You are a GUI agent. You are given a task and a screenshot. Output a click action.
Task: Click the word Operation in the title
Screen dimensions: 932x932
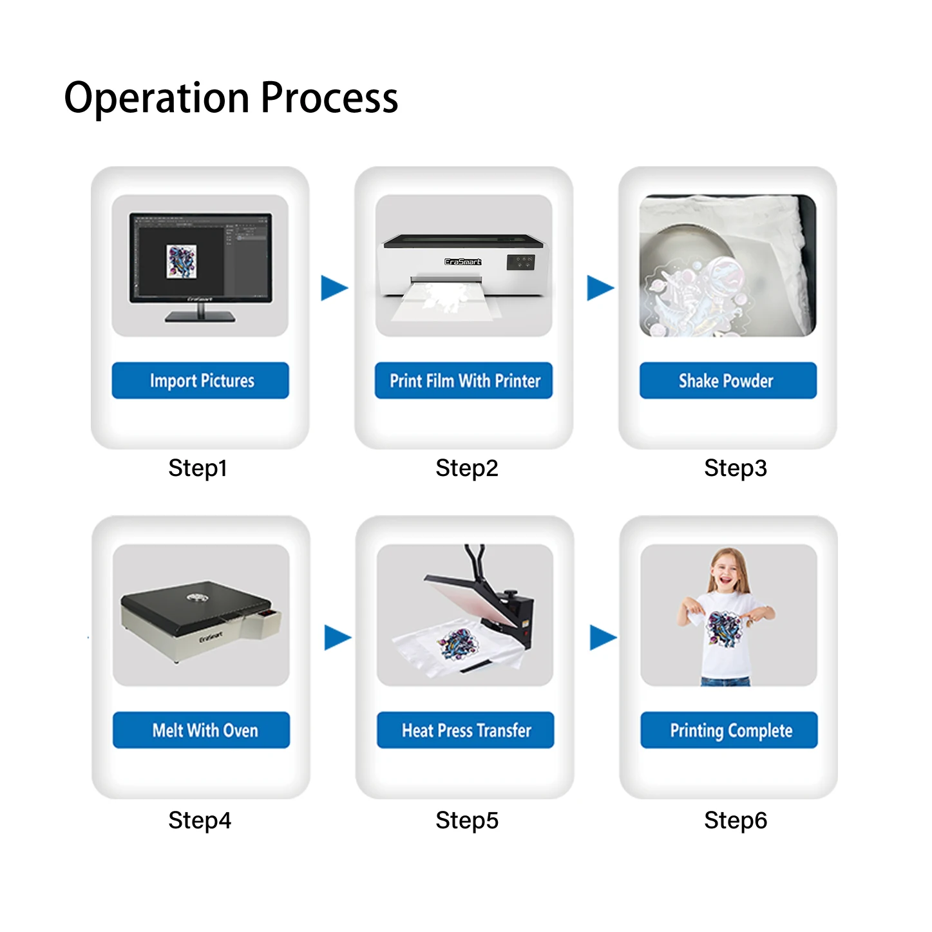(157, 98)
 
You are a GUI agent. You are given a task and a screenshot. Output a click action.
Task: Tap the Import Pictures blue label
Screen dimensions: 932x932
(200, 381)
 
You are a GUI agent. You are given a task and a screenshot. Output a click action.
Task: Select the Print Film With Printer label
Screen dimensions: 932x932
(464, 381)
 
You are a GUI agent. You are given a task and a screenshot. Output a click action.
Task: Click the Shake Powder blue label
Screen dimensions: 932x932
(728, 381)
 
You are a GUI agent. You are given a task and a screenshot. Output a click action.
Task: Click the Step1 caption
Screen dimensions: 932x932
(198, 468)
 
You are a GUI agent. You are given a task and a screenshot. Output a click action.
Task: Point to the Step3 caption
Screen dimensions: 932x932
(735, 468)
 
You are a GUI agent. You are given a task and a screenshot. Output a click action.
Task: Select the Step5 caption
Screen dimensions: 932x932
(466, 821)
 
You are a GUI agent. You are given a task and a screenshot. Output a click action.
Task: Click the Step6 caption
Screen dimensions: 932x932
(735, 821)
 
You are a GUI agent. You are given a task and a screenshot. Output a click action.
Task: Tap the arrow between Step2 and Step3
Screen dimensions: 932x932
(599, 288)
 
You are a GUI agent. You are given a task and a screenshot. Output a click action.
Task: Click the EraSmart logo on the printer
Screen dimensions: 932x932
(462, 262)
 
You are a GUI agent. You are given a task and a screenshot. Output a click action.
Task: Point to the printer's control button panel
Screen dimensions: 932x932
(520, 262)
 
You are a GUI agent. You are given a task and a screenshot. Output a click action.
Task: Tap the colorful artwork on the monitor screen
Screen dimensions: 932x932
(181, 262)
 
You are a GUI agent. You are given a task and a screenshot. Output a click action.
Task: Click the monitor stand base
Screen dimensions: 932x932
(200, 316)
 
